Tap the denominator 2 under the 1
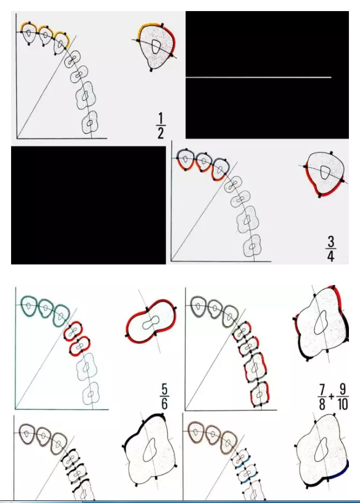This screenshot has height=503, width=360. [x=160, y=132]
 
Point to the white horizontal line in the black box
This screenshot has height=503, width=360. [x=259, y=78]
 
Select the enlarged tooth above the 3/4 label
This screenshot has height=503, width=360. [x=325, y=174]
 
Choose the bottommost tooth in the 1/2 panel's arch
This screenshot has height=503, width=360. [x=90, y=123]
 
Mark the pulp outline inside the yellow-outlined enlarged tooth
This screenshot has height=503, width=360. [x=155, y=46]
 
